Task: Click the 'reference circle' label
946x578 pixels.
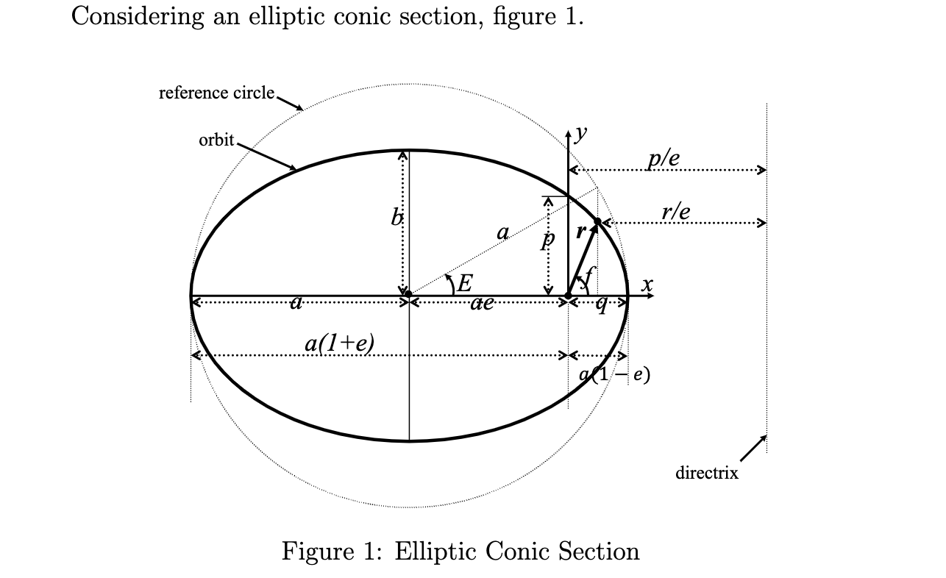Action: click(216, 93)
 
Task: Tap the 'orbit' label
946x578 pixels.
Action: click(216, 140)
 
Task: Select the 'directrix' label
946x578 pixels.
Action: click(706, 473)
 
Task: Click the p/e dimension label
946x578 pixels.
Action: click(664, 157)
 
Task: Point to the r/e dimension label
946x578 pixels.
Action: click(675, 212)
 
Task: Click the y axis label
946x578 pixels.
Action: click(581, 132)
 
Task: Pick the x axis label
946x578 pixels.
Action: click(647, 284)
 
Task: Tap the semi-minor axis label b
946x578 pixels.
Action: click(396, 217)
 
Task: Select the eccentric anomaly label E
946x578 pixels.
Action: click(464, 282)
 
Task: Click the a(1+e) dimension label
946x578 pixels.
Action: click(339, 343)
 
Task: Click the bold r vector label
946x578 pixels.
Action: click(580, 232)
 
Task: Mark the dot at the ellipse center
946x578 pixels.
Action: click(409, 295)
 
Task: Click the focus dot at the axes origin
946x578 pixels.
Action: click(568, 296)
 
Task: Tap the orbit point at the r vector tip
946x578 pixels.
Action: click(597, 221)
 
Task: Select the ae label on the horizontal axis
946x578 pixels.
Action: click(482, 302)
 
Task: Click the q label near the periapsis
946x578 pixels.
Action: click(602, 304)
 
